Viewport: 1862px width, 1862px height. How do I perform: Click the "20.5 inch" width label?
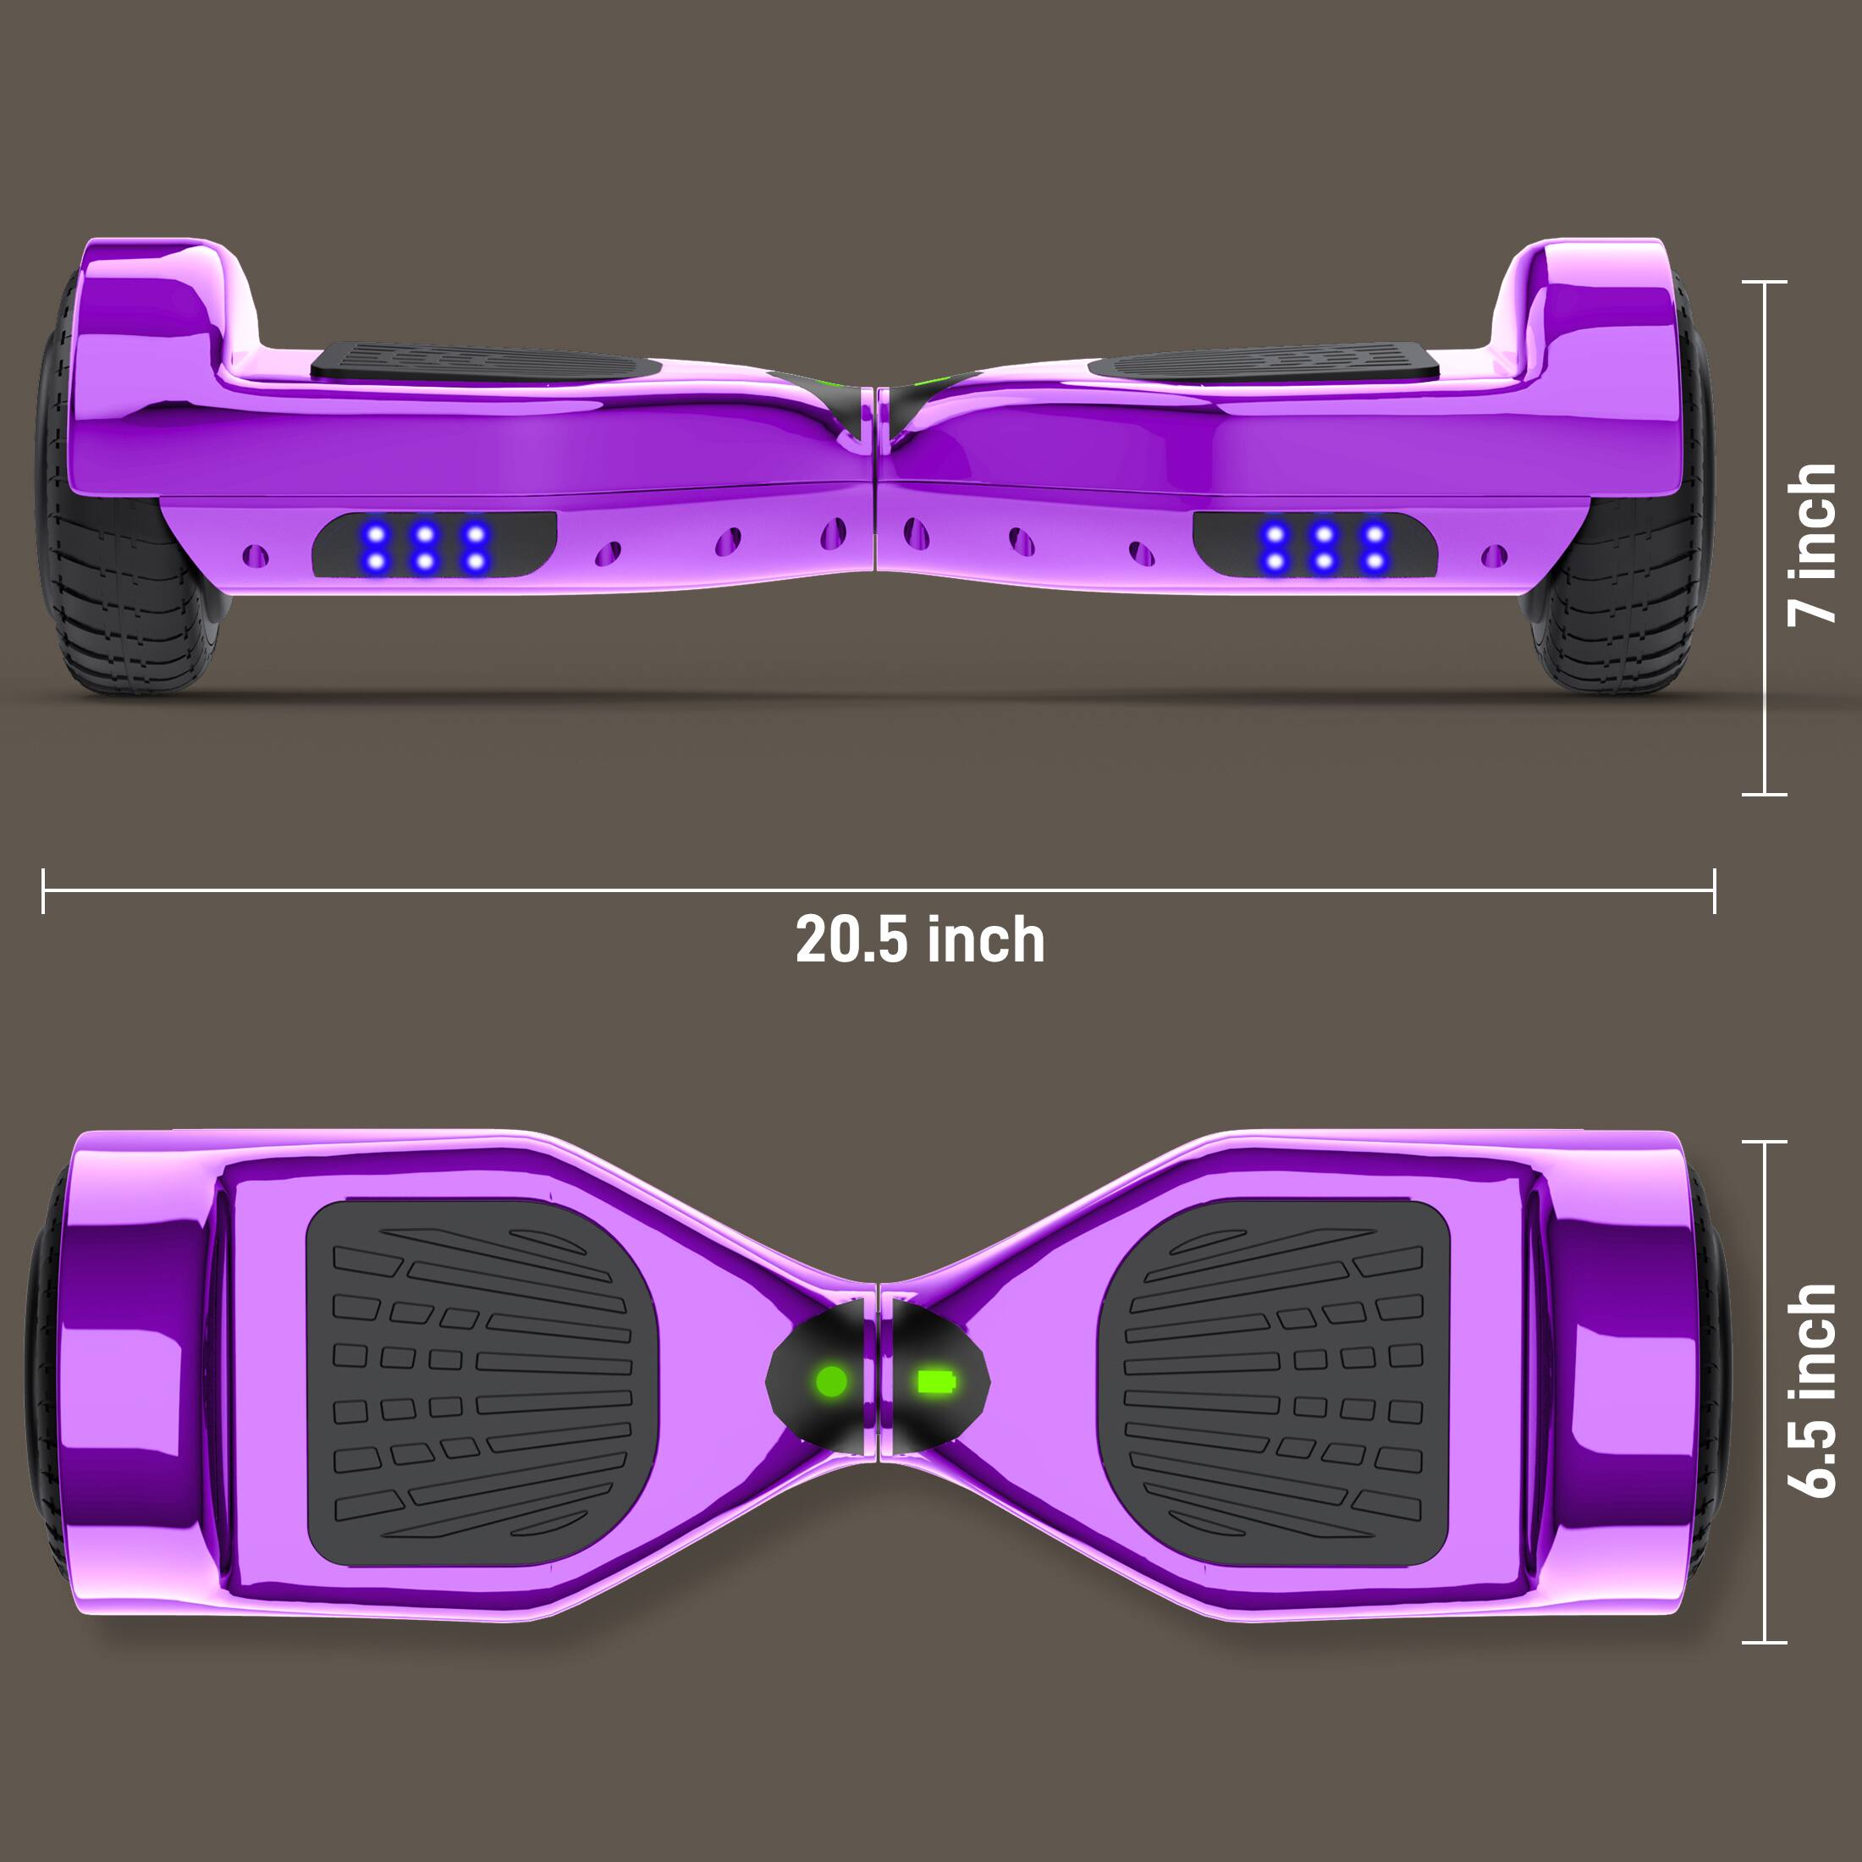coord(919,939)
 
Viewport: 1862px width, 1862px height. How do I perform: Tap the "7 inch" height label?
coord(1812,544)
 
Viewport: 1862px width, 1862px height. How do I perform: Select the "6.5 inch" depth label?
coord(1812,1391)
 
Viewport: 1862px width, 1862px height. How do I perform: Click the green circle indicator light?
coord(832,1382)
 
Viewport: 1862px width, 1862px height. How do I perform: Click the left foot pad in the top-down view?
coord(482,1382)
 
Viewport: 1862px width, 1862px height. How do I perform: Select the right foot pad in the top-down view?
coord(1274,1382)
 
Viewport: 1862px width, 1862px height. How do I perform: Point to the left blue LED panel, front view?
coord(433,546)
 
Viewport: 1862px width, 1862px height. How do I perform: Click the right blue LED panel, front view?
coord(1315,546)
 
